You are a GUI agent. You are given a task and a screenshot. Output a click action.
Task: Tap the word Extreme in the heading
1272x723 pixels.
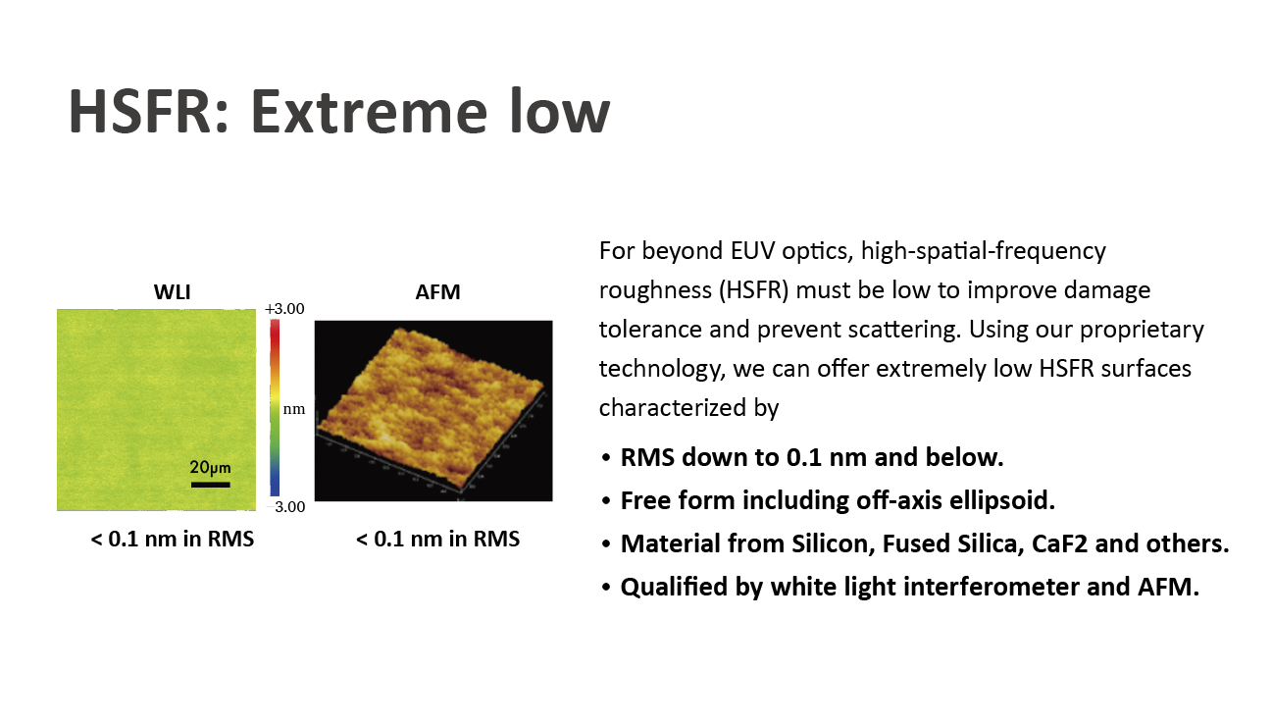point(369,111)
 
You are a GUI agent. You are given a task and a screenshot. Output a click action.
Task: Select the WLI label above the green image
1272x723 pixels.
point(172,292)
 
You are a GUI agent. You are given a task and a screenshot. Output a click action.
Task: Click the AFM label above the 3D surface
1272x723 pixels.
point(437,292)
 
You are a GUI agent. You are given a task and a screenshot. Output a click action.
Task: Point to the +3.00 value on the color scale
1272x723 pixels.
point(284,309)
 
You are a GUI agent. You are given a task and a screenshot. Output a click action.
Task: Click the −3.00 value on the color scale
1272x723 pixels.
point(285,506)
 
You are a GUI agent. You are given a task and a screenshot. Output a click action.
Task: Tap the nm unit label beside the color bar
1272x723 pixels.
point(293,409)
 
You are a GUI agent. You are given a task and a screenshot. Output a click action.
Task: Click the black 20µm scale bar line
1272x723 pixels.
point(210,485)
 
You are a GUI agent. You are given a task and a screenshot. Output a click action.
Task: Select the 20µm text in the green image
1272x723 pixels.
point(210,467)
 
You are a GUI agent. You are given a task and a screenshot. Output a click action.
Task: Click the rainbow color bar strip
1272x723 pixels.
point(275,408)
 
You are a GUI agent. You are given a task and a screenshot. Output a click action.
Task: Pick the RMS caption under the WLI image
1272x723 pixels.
point(172,539)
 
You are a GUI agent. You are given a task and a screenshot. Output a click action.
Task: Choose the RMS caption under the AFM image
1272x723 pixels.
point(437,539)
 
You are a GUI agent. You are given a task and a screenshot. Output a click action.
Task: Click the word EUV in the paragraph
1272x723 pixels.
point(752,250)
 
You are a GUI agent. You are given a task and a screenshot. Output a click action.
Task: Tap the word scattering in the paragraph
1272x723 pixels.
point(907,330)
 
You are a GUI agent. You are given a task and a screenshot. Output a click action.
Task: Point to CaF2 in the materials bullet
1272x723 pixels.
point(1059,543)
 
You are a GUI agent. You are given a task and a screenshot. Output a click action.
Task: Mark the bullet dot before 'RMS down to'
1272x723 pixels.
point(606,458)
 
